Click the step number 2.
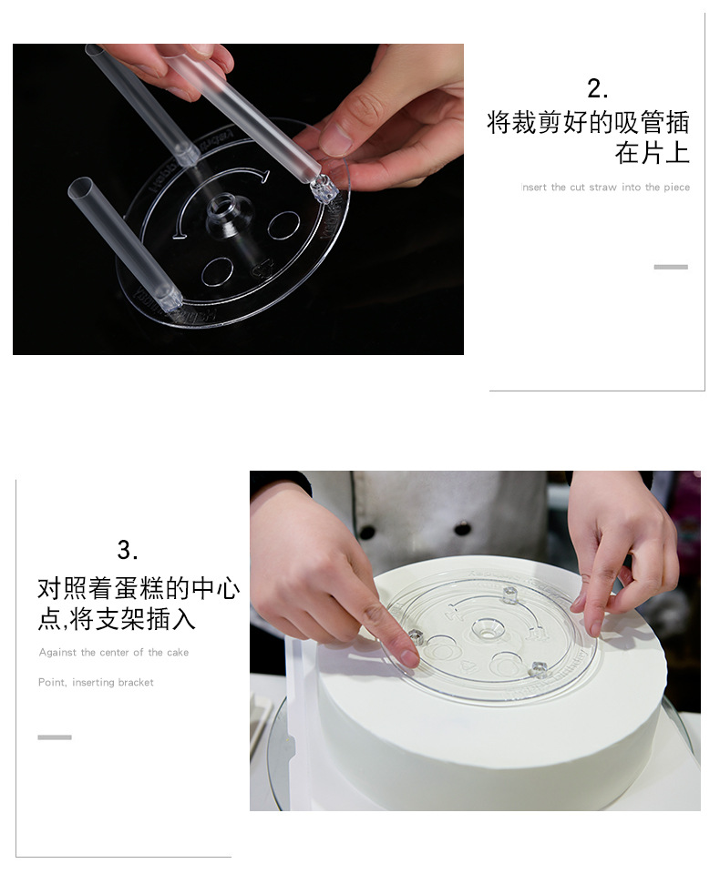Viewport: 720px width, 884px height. pos(597,89)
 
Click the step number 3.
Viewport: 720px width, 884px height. pos(128,550)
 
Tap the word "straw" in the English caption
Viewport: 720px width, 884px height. pos(602,188)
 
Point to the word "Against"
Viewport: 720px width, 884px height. pos(57,653)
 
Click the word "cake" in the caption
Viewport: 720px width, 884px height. pos(178,652)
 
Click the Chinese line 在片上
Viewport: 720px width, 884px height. pos(652,153)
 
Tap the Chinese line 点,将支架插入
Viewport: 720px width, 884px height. pos(117,619)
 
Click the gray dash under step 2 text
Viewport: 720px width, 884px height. pos(671,267)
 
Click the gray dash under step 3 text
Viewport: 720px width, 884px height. pos(55,737)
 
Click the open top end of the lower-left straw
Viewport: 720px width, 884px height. pos(80,187)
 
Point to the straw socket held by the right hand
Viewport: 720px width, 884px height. pos(324,188)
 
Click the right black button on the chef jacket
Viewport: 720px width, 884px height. pos(462,529)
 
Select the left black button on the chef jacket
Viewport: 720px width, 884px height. pos(367,532)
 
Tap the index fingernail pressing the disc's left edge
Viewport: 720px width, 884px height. pos(407,656)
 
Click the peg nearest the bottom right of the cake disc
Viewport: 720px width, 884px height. pos(539,669)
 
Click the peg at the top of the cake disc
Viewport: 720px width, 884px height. pos(509,594)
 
